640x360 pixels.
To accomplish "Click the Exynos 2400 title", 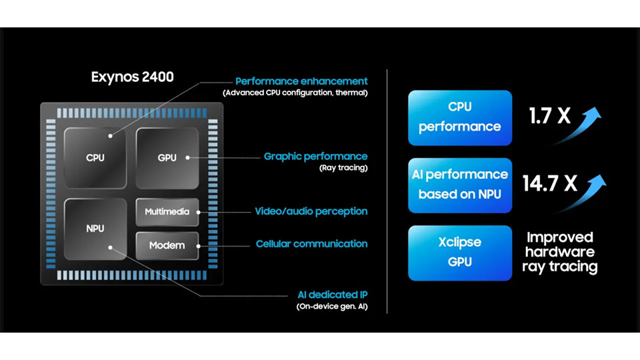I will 132,77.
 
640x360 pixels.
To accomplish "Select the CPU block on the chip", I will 95,158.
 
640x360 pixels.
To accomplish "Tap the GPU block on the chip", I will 167,158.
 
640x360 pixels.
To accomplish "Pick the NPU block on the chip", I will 95,229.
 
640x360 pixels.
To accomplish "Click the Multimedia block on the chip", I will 167,211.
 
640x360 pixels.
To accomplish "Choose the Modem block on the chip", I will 167,245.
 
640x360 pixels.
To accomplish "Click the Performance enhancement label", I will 301,81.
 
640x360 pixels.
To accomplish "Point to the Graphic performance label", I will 315,157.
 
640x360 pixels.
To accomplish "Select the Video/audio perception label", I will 311,211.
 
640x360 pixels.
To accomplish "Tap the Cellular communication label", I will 311,244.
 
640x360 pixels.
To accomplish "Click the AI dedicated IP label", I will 332,295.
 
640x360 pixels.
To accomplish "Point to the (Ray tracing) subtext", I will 343,168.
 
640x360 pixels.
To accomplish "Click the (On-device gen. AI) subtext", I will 332,307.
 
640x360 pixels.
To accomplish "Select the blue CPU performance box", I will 459,117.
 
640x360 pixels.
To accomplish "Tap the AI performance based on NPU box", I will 459,185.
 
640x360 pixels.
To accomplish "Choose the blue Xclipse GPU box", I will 459,252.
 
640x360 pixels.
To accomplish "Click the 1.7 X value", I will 550,117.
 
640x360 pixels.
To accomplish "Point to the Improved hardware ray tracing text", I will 560,252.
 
